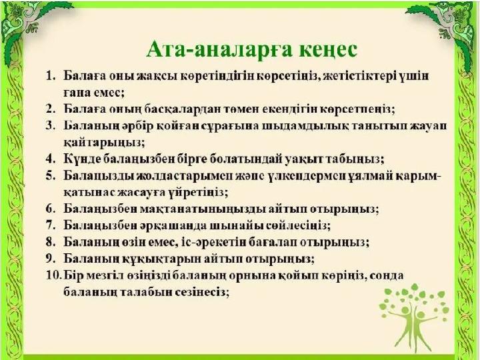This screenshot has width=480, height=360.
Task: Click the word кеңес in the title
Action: click(328, 50)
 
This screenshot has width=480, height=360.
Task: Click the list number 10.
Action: click(54, 275)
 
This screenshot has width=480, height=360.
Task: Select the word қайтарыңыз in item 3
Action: click(104, 143)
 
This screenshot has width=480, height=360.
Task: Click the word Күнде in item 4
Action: click(81, 159)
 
